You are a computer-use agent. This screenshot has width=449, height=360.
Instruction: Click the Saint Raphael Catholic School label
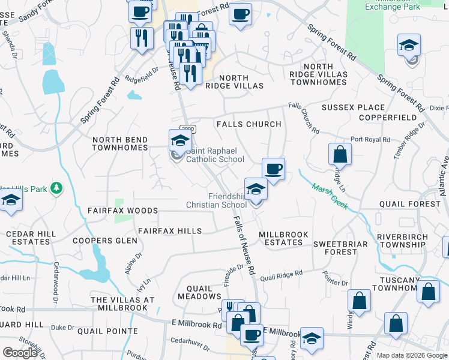(215, 155)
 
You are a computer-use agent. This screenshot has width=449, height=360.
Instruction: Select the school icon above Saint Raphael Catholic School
(179, 141)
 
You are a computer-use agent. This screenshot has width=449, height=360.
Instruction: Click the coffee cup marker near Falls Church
(273, 169)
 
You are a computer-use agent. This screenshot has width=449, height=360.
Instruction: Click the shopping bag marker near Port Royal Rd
(340, 154)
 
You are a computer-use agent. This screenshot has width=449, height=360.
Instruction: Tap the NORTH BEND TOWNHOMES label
(119, 144)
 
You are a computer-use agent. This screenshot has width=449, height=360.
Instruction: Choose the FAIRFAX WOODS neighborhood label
(122, 211)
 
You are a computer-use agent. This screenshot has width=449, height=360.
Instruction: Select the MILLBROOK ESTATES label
(283, 238)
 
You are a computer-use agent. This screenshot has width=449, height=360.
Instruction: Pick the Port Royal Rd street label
(370, 140)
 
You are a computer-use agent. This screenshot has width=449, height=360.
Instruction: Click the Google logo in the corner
(20, 353)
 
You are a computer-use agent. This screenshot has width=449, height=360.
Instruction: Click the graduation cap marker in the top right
(409, 45)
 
